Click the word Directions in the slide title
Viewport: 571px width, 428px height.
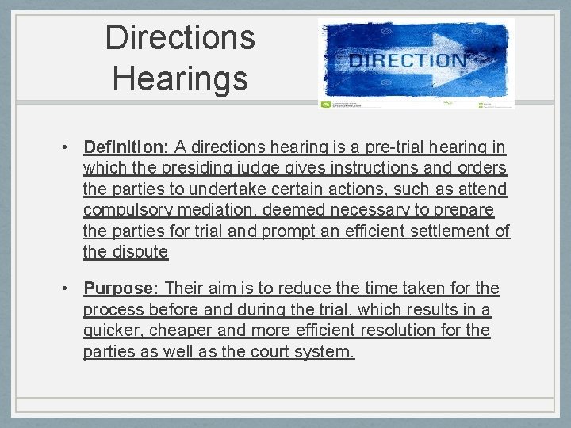180,37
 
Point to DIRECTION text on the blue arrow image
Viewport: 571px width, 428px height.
408,60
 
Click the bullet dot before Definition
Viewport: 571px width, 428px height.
69,147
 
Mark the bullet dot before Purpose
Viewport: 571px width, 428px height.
69,289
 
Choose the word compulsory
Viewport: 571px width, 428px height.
129,210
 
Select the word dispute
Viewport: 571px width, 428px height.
140,252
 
